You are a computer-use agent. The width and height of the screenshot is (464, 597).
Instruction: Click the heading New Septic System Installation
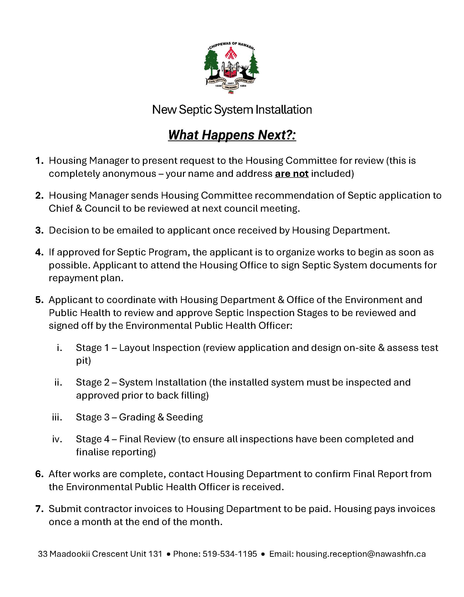(x=232, y=110)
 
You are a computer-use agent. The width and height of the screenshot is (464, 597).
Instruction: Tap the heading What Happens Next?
(x=232, y=135)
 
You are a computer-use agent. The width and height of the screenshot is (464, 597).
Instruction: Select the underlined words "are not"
(x=292, y=174)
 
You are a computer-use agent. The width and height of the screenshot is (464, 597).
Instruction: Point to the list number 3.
(x=39, y=230)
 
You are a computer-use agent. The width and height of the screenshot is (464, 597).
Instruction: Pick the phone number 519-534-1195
(x=230, y=554)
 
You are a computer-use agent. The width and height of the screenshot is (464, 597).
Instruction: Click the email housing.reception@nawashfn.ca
(x=361, y=554)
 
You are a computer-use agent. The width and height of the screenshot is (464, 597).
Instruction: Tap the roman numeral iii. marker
(x=57, y=417)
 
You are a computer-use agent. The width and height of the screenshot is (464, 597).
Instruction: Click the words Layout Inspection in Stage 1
(x=160, y=348)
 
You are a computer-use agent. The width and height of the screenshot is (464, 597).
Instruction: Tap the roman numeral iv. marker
(x=57, y=439)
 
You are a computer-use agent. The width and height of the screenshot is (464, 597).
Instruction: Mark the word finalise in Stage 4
(x=92, y=452)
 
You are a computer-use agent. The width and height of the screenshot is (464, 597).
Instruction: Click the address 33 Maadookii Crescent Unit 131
(x=100, y=554)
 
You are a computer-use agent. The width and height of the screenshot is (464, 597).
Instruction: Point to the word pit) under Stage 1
(x=83, y=361)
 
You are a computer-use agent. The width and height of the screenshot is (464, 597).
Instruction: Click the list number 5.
(x=39, y=300)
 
